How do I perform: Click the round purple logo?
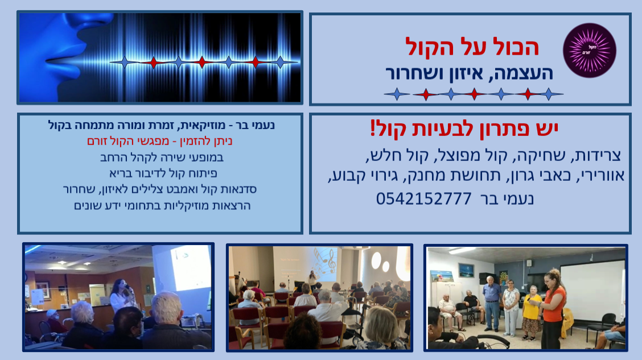coord(589,50)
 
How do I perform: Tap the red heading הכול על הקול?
coord(472,47)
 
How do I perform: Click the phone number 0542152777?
coord(424,199)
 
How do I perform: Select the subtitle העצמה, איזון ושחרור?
coord(469,73)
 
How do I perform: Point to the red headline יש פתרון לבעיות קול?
coord(464,129)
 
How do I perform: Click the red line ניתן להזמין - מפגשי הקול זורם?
coord(160,141)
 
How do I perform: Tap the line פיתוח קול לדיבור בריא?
coord(163,173)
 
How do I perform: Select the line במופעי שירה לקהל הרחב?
coord(162,158)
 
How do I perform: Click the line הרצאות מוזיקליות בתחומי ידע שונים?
coord(162,205)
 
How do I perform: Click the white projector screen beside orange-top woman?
coord(592,291)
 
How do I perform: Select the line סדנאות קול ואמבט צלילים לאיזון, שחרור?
coord(160,189)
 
